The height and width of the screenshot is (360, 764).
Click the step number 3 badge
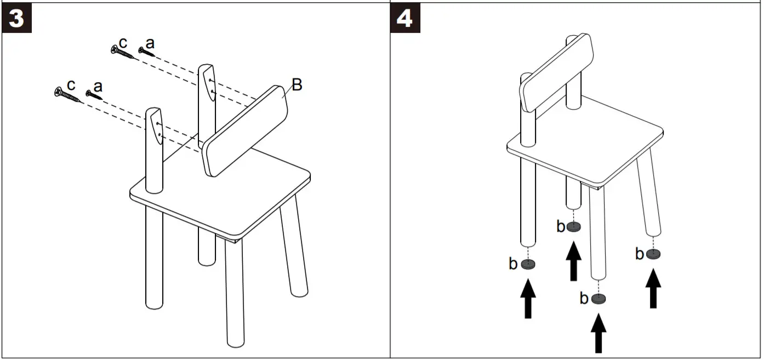coord(17,18)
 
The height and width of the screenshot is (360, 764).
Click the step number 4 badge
coord(404,18)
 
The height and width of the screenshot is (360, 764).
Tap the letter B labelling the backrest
coord(296,85)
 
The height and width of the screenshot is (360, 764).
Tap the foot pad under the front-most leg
coord(600,299)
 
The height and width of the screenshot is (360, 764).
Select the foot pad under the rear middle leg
coord(574,226)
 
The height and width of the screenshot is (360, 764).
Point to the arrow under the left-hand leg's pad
coord(528,298)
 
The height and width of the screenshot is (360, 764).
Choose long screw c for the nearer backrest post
coord(67,95)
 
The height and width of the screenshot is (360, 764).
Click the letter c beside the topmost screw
coord(123,42)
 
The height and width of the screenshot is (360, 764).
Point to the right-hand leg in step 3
coord(294,252)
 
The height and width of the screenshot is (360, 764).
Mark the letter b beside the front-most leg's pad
coord(584,299)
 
